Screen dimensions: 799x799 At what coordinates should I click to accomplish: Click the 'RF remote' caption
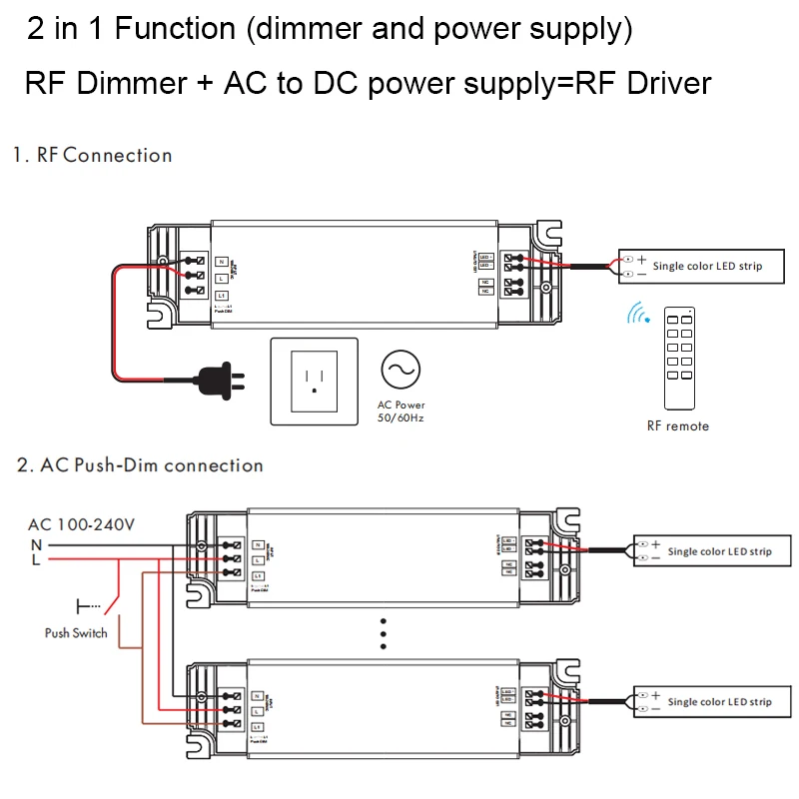677,426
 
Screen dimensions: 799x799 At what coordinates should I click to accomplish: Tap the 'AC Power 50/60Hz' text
400,410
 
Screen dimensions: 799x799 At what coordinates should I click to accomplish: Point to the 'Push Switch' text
76,633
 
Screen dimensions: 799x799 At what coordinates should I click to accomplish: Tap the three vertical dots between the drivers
383,633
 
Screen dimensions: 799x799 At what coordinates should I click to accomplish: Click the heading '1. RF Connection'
93,155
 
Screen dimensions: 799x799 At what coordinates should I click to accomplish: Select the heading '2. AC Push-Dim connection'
140,465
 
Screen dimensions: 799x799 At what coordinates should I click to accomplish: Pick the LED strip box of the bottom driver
705,702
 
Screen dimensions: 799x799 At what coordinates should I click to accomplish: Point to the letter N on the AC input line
36,544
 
